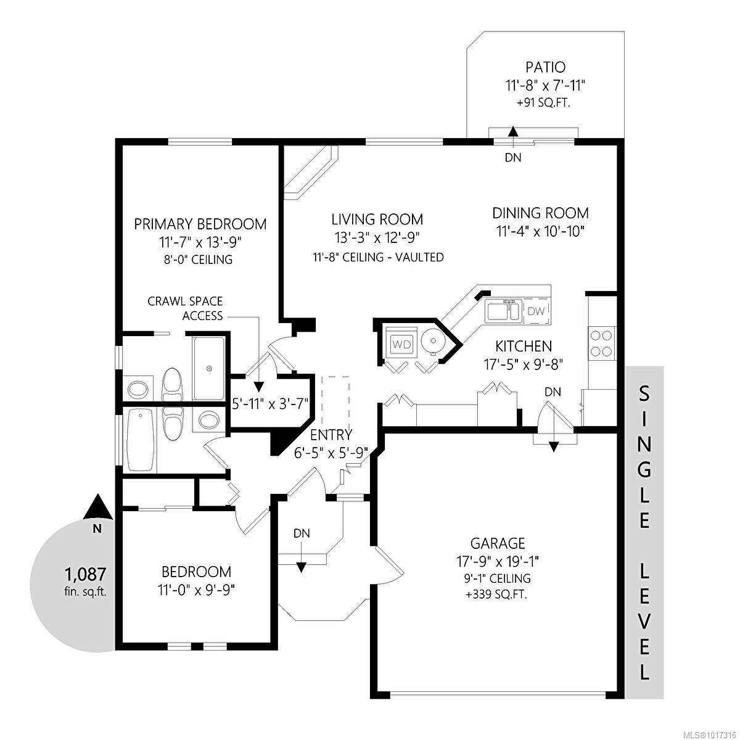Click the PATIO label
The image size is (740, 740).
click(x=545, y=67)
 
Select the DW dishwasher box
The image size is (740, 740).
click(x=536, y=311)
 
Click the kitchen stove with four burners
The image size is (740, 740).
click(x=602, y=344)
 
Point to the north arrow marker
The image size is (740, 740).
click(x=97, y=508)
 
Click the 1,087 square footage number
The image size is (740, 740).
click(x=86, y=574)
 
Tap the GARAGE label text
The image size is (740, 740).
click(x=498, y=543)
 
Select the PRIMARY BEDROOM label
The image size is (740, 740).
click(x=200, y=224)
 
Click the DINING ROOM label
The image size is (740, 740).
click(x=540, y=213)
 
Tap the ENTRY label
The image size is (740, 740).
click(x=331, y=435)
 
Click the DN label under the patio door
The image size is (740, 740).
click(x=513, y=158)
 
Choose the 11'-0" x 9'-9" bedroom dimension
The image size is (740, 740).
click(x=196, y=590)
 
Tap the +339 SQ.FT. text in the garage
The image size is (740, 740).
click(x=498, y=595)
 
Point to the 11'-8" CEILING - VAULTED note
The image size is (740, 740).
click(x=377, y=257)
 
